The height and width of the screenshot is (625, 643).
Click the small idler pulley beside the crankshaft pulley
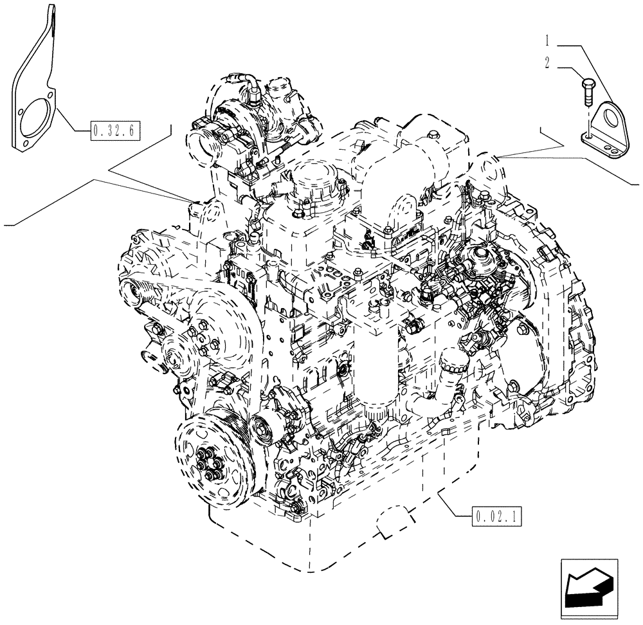click(x=263, y=427)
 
